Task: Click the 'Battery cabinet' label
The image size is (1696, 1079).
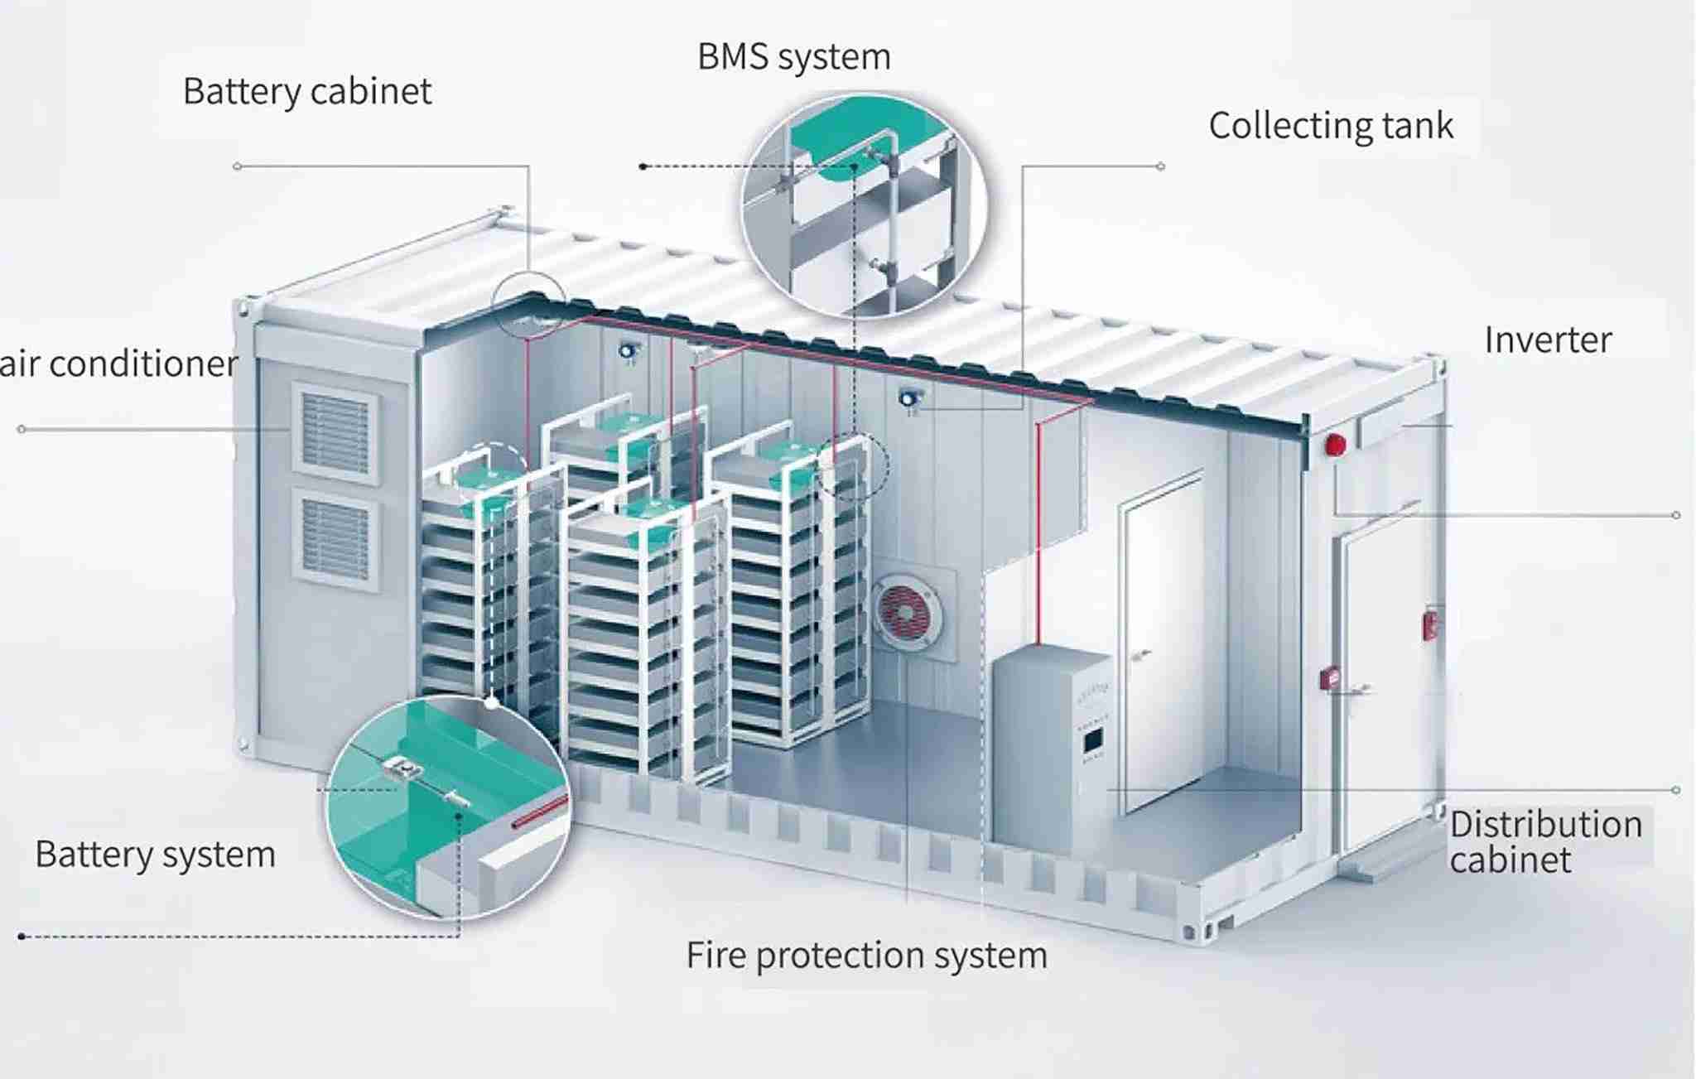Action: (307, 91)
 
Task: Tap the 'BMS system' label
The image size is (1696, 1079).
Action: (794, 57)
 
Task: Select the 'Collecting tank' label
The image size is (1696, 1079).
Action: (1331, 126)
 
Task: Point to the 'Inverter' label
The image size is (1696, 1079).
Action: (1548, 340)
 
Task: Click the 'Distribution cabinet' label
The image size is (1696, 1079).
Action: (1546, 841)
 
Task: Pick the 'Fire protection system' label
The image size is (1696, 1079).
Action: (867, 955)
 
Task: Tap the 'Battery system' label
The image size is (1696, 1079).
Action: (155, 855)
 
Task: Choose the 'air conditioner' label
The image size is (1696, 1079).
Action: (118, 364)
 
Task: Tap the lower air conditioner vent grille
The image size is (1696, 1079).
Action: (336, 539)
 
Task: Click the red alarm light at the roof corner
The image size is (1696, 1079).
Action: (1335, 445)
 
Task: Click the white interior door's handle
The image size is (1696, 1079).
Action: (1142, 655)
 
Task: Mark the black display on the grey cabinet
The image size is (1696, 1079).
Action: (1093, 739)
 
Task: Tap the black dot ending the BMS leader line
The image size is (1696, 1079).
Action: (643, 166)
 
